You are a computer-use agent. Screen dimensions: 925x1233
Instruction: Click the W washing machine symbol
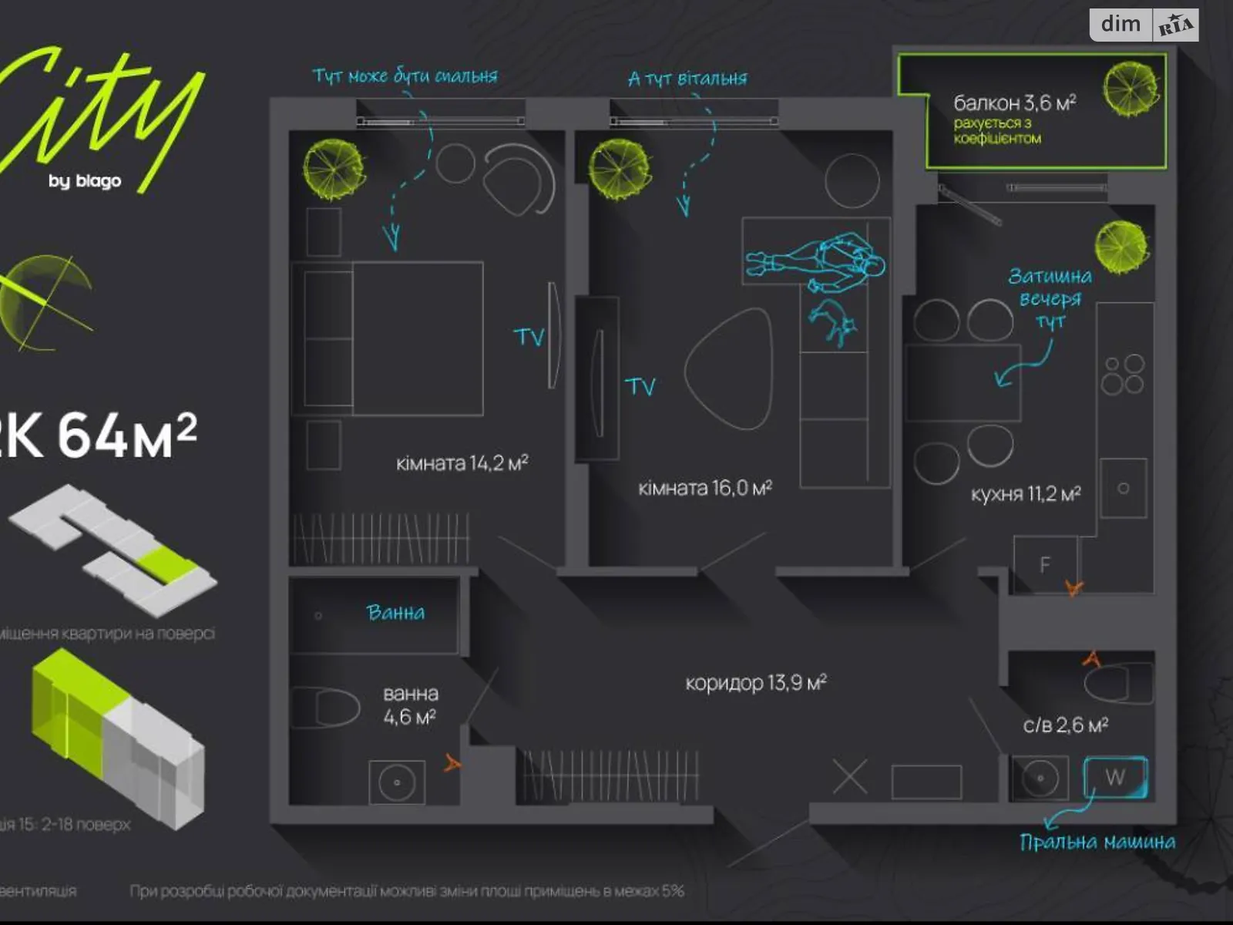tap(1115, 777)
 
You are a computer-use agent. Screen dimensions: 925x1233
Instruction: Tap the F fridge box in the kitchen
tap(1045, 564)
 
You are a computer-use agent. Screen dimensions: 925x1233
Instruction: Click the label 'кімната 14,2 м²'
tap(462, 463)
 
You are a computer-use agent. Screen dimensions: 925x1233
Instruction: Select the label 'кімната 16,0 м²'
tap(705, 488)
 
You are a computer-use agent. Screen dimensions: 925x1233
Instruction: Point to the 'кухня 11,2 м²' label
tap(1026, 494)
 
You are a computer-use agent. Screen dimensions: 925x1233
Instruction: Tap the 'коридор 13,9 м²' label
tap(756, 682)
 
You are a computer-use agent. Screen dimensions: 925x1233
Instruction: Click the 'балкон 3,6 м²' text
tap(1014, 103)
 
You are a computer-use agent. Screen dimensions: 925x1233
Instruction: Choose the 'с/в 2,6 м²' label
tap(1066, 725)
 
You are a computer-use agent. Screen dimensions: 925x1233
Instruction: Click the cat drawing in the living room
tap(833, 321)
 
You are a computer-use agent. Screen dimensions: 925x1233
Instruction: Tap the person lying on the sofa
tap(817, 262)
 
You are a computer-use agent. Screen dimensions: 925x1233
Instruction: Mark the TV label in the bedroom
tap(529, 337)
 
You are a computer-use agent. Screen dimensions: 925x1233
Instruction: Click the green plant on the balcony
tap(1131, 89)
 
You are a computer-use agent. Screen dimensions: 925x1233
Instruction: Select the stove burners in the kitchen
tap(1123, 375)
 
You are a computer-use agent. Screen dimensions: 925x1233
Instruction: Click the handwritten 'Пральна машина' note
tap(1097, 842)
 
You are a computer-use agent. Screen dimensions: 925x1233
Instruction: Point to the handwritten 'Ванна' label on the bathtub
tap(395, 613)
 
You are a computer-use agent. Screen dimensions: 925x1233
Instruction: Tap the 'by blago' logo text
tap(85, 181)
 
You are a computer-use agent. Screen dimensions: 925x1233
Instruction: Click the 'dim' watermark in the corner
tap(1120, 25)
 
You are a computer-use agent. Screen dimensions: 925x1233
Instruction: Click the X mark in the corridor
tap(850, 777)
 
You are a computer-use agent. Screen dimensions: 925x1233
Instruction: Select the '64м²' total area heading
tap(127, 436)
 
